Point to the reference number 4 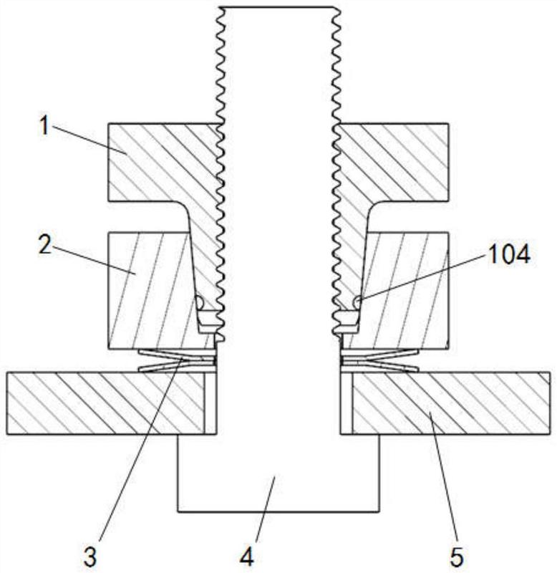246,555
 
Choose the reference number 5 456,555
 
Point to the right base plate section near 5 444,403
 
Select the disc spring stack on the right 379,360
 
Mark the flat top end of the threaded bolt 278,9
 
